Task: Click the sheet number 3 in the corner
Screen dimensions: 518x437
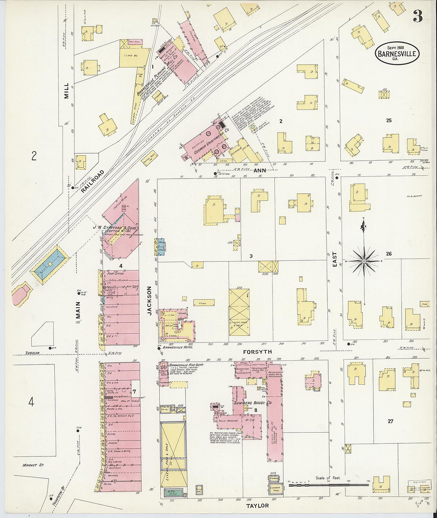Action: click(x=417, y=16)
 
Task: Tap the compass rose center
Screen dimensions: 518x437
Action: click(x=364, y=261)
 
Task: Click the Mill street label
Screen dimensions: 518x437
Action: click(x=66, y=91)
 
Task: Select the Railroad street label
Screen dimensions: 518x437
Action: click(x=93, y=182)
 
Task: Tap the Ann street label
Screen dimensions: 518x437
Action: click(x=259, y=170)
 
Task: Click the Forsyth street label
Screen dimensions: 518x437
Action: click(x=257, y=352)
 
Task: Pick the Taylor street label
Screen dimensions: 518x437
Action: click(x=257, y=506)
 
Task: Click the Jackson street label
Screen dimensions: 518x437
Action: click(x=150, y=300)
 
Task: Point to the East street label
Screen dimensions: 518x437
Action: click(x=335, y=259)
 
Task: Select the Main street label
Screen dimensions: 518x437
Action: click(x=78, y=311)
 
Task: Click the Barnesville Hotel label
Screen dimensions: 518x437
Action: click(x=178, y=347)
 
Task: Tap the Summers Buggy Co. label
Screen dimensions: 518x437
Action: click(x=252, y=403)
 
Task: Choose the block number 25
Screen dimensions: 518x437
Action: click(x=389, y=120)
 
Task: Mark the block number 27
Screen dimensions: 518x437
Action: click(x=390, y=421)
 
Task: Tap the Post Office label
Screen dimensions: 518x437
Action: click(x=116, y=273)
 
